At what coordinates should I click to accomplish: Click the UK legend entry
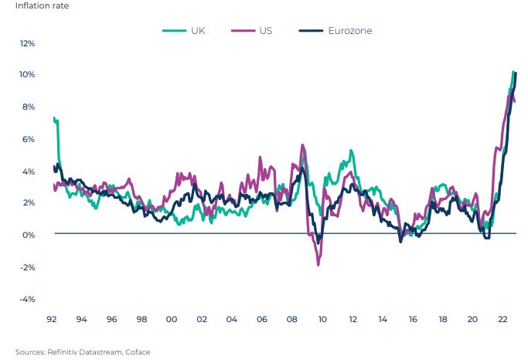click(x=197, y=30)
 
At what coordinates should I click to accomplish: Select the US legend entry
click(x=265, y=30)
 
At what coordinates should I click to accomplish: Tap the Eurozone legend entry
click(x=349, y=30)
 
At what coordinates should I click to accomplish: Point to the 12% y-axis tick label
click(x=27, y=42)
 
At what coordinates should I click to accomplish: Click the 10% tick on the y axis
click(x=27, y=75)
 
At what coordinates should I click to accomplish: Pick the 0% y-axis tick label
click(x=29, y=235)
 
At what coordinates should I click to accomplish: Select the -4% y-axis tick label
click(x=27, y=299)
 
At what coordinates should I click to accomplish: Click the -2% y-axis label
click(x=27, y=267)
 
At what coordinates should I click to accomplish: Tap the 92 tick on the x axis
click(x=52, y=318)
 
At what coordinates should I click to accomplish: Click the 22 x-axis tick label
click(x=502, y=318)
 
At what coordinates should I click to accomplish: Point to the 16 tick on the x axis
click(x=413, y=318)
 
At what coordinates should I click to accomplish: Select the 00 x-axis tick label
click(x=172, y=318)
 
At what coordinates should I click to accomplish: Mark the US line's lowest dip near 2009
click(x=319, y=265)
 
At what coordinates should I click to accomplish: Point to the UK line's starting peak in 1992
click(x=53, y=118)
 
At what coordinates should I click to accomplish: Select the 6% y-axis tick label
click(x=29, y=139)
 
